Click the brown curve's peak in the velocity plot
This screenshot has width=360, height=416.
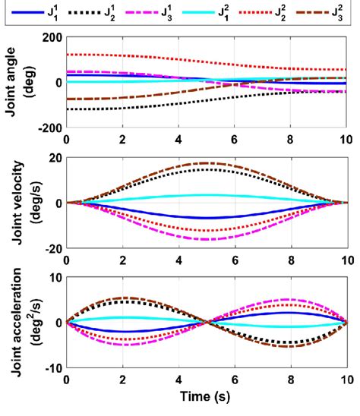(x=207, y=163)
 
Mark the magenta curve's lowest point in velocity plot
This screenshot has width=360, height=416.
(x=207, y=240)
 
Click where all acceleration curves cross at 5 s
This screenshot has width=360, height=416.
(x=207, y=323)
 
